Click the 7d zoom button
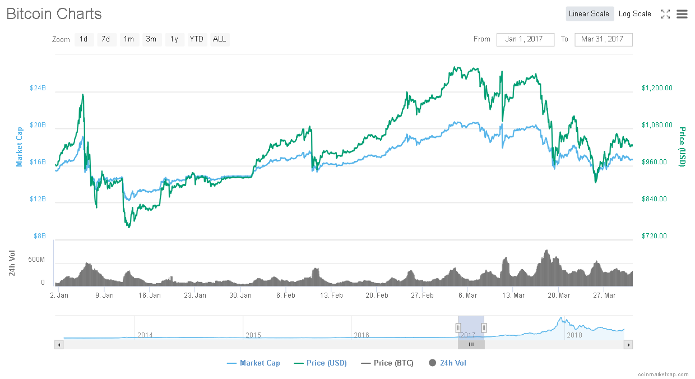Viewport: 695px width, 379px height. tap(105, 39)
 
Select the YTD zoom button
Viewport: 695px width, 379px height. tap(196, 39)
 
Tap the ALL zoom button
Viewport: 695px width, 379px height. tap(220, 39)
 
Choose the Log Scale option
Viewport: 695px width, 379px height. tap(634, 14)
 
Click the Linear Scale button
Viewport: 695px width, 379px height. tap(589, 14)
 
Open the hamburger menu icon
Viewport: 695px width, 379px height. tap(682, 14)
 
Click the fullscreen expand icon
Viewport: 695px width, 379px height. tap(665, 14)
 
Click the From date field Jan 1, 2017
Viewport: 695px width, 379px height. tap(525, 39)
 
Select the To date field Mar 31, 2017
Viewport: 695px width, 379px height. tap(603, 39)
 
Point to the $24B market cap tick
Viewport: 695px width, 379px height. tap(38, 88)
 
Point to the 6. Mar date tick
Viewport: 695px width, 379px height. tap(467, 295)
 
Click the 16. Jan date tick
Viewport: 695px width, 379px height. tap(150, 295)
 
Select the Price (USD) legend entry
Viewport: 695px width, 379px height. tap(321, 363)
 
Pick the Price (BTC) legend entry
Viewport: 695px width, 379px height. tap(387, 363)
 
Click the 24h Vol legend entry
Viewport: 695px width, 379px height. tap(447, 363)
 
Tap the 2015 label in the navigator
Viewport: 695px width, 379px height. tap(253, 335)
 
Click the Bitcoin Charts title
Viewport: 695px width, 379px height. tap(54, 14)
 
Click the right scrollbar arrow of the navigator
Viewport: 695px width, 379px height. tap(629, 345)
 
